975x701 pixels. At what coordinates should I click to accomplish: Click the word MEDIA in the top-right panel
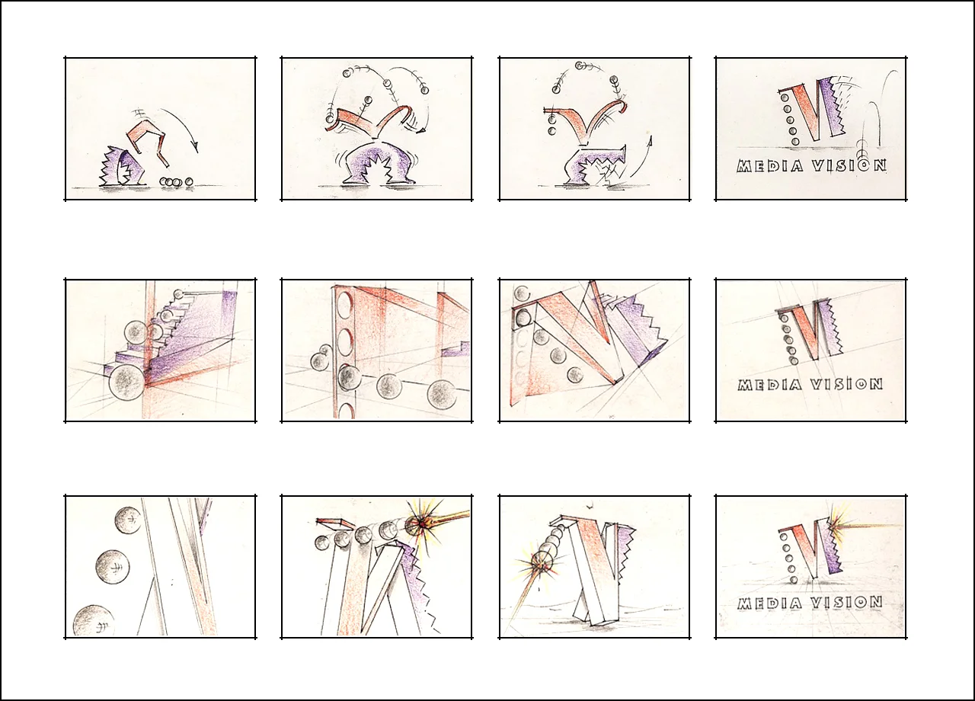point(769,166)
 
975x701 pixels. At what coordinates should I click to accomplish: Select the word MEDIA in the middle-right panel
point(770,385)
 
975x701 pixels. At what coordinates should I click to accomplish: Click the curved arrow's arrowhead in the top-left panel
point(196,147)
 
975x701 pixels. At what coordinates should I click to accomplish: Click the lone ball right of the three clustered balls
point(188,181)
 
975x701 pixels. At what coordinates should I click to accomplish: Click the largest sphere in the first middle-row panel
point(126,382)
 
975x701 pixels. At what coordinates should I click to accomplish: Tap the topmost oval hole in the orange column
point(344,304)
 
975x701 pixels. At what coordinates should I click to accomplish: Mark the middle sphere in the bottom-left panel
point(112,567)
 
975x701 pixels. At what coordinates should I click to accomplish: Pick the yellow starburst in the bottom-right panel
point(833,527)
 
